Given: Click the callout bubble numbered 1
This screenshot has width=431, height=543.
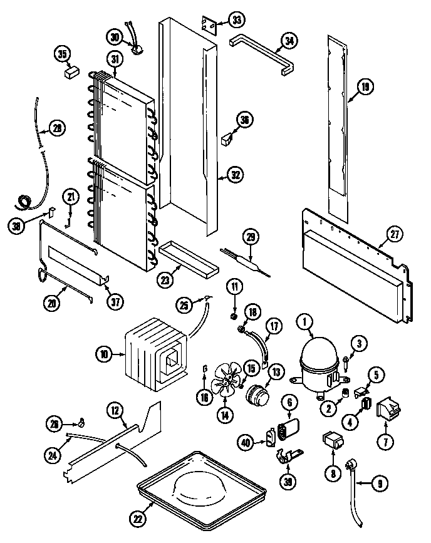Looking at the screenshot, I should (x=306, y=323).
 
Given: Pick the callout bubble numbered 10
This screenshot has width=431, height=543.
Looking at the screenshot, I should (x=105, y=354).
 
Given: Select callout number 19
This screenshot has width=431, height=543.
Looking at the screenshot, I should (x=366, y=88).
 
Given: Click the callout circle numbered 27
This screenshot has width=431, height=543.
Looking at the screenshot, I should (x=393, y=235).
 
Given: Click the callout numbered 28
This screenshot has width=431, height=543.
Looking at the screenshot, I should (x=57, y=128).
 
